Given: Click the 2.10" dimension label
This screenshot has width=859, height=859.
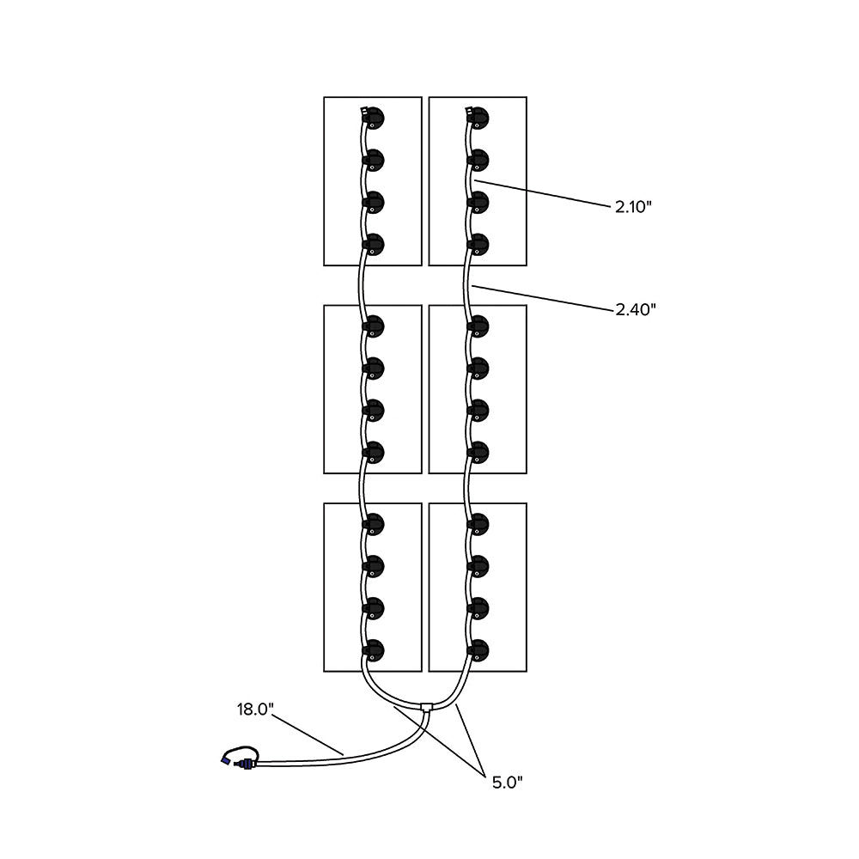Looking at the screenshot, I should tap(634, 207).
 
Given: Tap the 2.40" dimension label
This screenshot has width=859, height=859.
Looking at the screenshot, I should tap(636, 309).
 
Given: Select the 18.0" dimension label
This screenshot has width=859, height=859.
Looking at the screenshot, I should tap(255, 710).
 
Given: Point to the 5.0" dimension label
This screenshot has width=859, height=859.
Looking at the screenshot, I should tap(507, 782).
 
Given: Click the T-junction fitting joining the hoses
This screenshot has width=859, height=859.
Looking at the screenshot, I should tap(427, 709).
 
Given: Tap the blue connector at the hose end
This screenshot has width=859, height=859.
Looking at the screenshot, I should tap(228, 760).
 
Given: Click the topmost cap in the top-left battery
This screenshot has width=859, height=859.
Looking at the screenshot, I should tap(374, 118).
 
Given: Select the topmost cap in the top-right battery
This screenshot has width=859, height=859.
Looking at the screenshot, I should tap(479, 118).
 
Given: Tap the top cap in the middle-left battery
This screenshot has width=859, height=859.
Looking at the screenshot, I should tap(374, 326).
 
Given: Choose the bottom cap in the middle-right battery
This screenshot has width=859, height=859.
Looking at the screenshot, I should tap(479, 452).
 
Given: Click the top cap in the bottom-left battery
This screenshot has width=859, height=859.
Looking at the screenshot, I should tap(374, 524).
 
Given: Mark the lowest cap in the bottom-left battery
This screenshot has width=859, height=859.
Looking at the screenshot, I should tap(374, 649).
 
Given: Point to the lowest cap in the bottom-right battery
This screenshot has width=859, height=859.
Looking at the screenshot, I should tap(479, 649).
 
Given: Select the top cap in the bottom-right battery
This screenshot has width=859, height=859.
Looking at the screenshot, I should tap(479, 524).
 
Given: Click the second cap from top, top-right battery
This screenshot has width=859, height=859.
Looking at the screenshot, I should tap(479, 161).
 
